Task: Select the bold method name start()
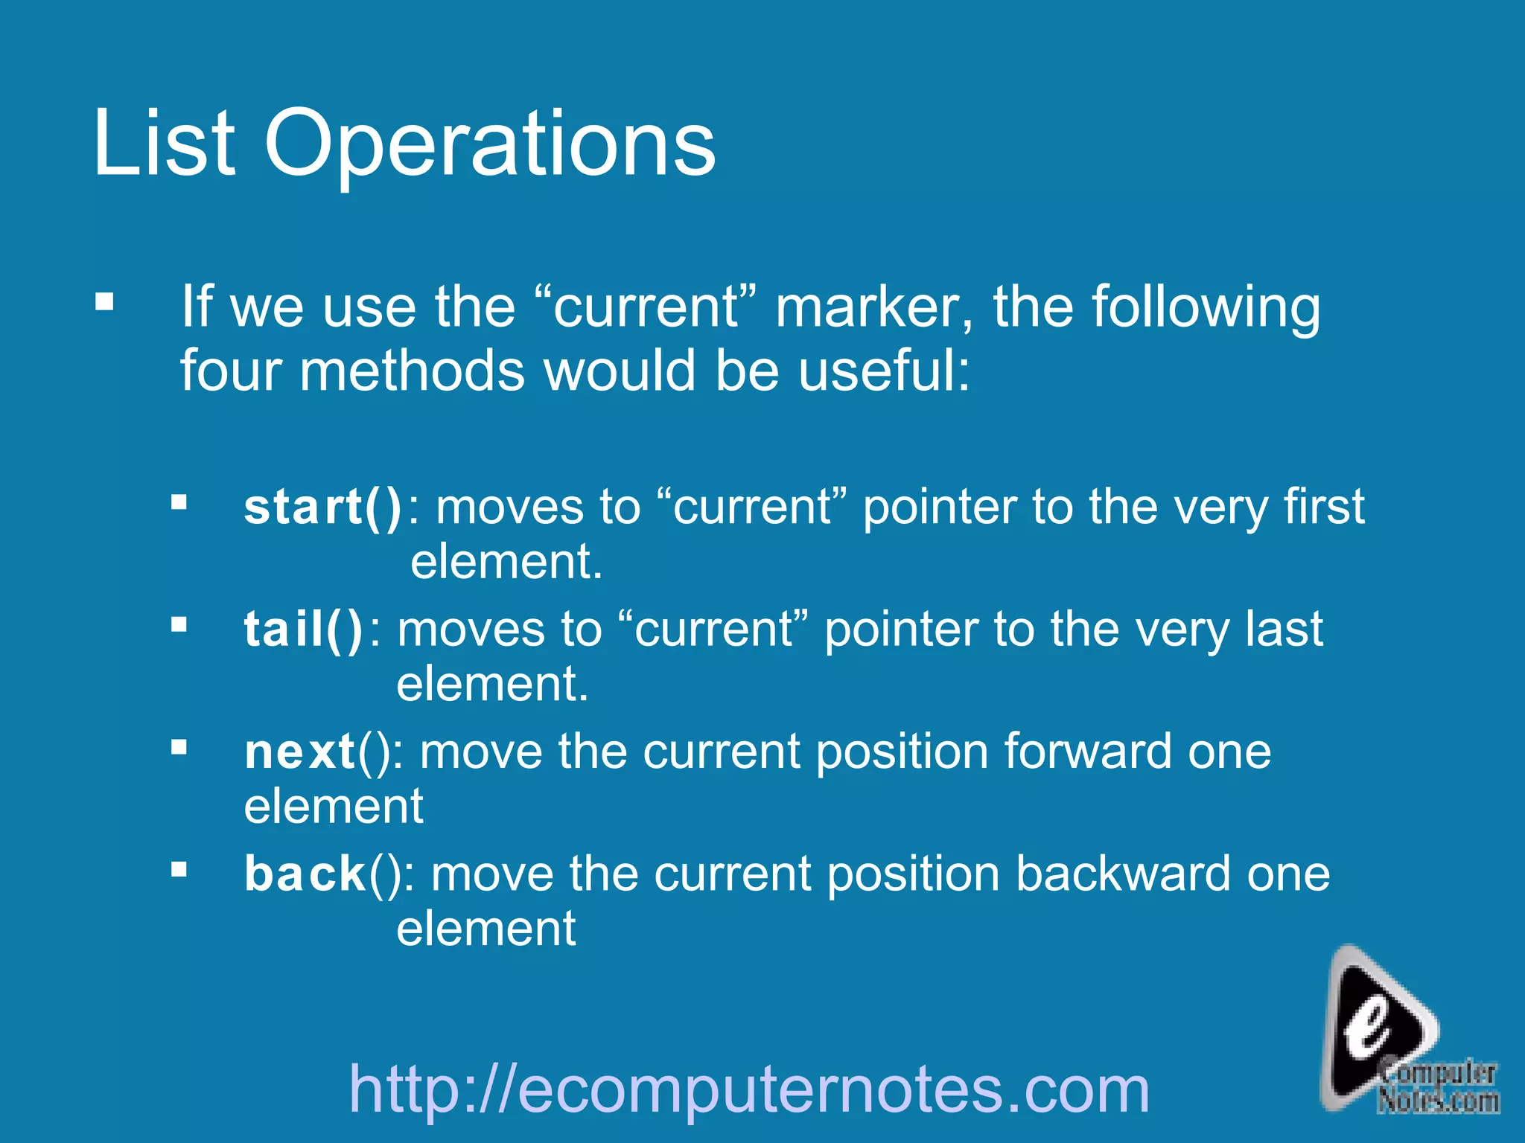(x=322, y=508)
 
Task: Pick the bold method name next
(x=300, y=752)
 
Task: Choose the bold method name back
(x=305, y=874)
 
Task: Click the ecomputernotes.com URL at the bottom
(x=749, y=1089)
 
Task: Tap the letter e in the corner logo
(x=1369, y=1031)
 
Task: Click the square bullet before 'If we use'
(x=104, y=302)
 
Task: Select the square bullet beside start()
(x=179, y=502)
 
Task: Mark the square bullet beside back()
(x=179, y=868)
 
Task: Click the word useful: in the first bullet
(x=884, y=371)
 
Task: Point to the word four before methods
(x=230, y=371)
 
